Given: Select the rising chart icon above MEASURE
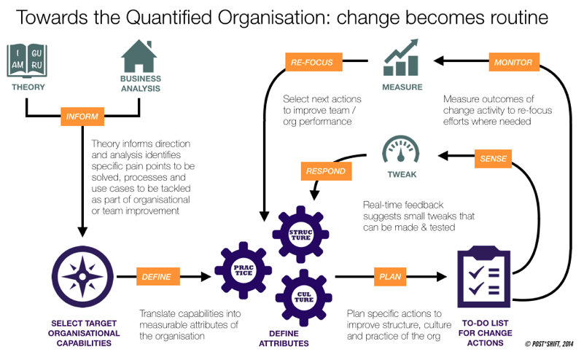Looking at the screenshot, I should pos(402,59).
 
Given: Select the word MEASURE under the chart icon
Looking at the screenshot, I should pos(402,87).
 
